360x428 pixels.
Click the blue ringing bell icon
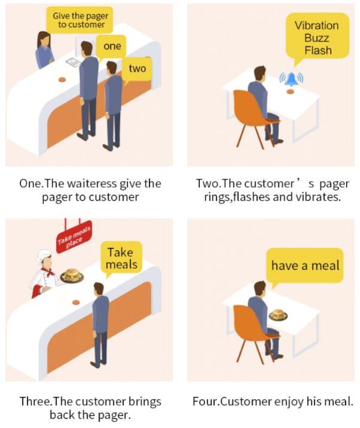292,79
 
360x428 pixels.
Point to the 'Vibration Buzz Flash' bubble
317,37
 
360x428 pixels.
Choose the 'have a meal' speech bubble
305,266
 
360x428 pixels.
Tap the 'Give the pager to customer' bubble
80,20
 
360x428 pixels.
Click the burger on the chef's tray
71,275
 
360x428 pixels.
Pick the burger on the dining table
278,314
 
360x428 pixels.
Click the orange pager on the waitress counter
62,79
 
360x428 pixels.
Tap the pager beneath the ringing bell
290,92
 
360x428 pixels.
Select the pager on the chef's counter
76,303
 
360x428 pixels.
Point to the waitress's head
44,40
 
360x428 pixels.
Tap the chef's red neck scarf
49,271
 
